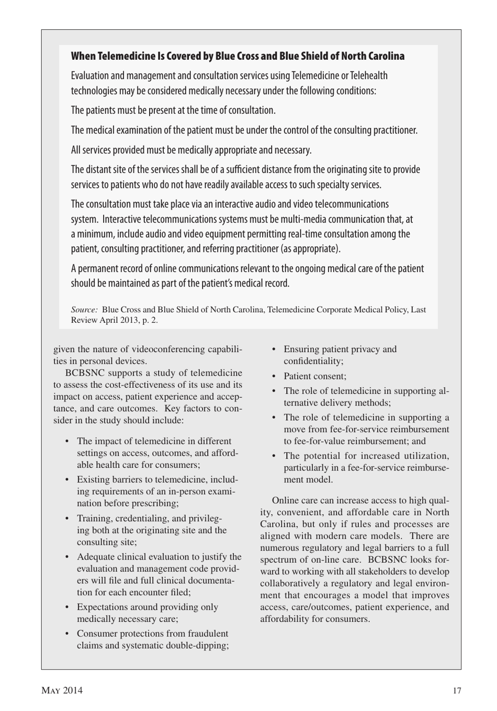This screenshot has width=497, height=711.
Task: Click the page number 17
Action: coord(457,691)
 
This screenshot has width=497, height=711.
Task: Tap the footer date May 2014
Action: coord(62,691)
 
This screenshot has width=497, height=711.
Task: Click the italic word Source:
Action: coord(84,310)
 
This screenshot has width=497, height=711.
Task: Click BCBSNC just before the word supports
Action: coord(84,373)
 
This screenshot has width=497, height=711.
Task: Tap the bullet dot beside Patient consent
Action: coord(274,376)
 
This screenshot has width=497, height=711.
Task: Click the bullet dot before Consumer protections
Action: coord(67,633)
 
